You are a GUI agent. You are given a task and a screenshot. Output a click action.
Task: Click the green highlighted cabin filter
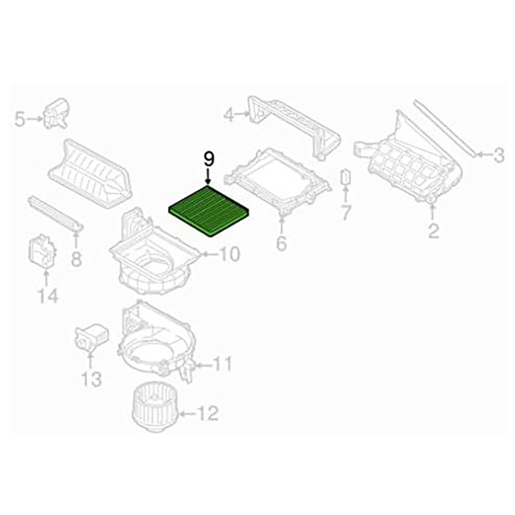click(x=209, y=211)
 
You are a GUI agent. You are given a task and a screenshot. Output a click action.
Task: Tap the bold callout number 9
click(x=209, y=160)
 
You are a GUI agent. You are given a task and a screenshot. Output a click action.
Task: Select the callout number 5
click(x=20, y=119)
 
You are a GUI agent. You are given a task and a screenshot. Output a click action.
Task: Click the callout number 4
click(x=229, y=115)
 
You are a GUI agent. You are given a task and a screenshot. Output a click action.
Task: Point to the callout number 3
click(x=500, y=154)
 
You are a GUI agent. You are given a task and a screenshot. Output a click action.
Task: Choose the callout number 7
click(x=346, y=212)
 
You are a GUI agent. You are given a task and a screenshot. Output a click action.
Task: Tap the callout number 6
click(x=281, y=243)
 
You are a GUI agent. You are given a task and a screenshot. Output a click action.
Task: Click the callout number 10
click(x=229, y=254)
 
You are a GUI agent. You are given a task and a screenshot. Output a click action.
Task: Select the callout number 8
click(x=76, y=259)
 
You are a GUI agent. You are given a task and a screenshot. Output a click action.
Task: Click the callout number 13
click(x=91, y=379)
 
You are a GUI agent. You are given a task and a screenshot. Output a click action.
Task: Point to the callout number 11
click(x=222, y=364)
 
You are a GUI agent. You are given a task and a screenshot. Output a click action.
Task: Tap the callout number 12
click(x=208, y=413)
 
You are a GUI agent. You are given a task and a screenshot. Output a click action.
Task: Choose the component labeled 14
click(x=42, y=250)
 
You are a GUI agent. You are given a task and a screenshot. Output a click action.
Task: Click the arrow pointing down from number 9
click(x=208, y=178)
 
